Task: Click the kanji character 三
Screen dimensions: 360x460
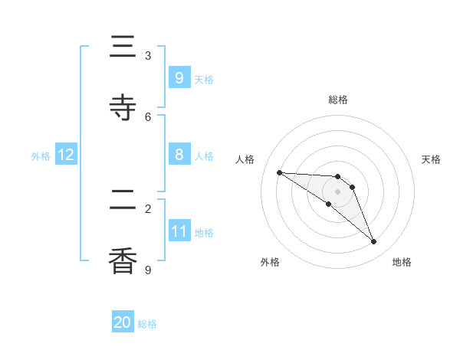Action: point(123,47)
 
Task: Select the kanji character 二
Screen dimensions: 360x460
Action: point(123,201)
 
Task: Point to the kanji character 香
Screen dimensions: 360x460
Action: point(123,261)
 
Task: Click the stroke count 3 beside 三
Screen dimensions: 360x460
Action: point(148,56)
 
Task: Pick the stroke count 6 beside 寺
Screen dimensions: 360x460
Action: point(148,116)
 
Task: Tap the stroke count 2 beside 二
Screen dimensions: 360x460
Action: point(148,208)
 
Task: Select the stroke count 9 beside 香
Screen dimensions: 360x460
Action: point(148,270)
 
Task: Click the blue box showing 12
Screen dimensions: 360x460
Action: point(66,155)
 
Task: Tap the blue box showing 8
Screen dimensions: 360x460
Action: point(179,155)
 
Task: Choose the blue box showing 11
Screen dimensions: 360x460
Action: point(179,231)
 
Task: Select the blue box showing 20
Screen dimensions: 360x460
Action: point(123,322)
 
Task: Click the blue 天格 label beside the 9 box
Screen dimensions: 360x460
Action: point(204,79)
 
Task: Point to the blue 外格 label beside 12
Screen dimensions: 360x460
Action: point(41,156)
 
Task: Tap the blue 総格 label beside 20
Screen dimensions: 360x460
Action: point(147,324)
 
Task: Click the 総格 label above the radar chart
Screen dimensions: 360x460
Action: point(338,100)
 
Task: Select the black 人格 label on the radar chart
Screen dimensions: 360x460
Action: point(245,159)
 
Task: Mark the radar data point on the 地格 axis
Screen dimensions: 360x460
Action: point(374,242)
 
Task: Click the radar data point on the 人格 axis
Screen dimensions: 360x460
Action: point(279,172)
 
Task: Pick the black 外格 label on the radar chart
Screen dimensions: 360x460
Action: point(270,262)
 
